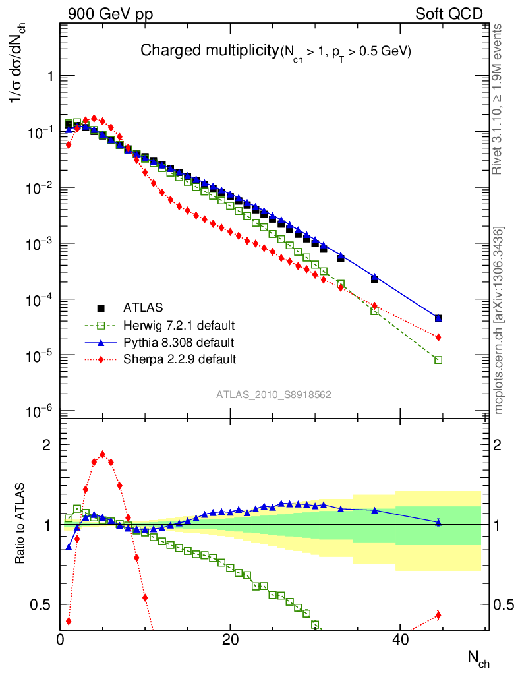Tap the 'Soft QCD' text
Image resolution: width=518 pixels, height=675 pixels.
[x=449, y=14]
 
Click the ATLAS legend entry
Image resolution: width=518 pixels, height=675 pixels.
[x=143, y=307]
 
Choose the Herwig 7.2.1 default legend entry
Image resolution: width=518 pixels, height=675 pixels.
[x=179, y=325]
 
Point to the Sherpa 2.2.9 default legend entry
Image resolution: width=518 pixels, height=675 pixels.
[x=179, y=359]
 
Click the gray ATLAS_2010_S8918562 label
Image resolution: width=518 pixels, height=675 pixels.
[x=273, y=394]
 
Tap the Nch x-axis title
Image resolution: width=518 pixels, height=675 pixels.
[x=478, y=657]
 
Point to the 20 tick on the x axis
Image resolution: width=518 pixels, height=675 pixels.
[x=229, y=641]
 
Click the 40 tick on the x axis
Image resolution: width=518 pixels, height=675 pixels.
[x=399, y=641]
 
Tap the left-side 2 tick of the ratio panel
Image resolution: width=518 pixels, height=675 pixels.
[x=47, y=445]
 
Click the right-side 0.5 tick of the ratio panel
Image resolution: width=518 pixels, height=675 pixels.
[x=504, y=604]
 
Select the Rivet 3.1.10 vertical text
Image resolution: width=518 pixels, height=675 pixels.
[x=498, y=99]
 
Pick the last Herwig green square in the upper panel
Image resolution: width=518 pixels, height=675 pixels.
[x=438, y=360]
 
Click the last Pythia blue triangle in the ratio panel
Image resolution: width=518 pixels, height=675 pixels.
[x=438, y=522]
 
